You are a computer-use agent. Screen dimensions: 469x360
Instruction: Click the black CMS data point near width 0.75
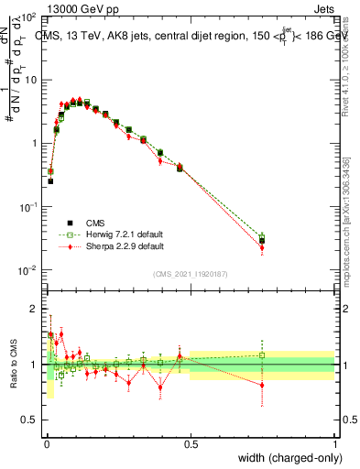262,241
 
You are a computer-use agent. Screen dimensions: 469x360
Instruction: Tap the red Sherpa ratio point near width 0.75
262,386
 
